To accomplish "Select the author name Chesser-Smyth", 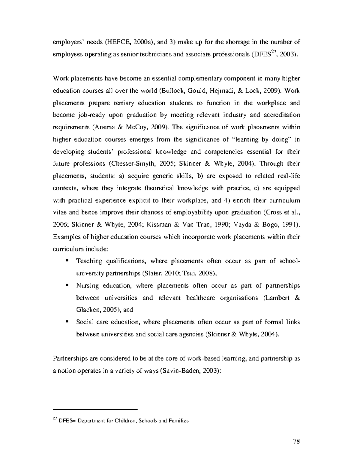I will (128, 164).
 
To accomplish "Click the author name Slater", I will (151, 273).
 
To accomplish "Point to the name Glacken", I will (87, 310).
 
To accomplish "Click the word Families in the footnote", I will (179, 421).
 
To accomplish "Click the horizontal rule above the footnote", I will (95, 409).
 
